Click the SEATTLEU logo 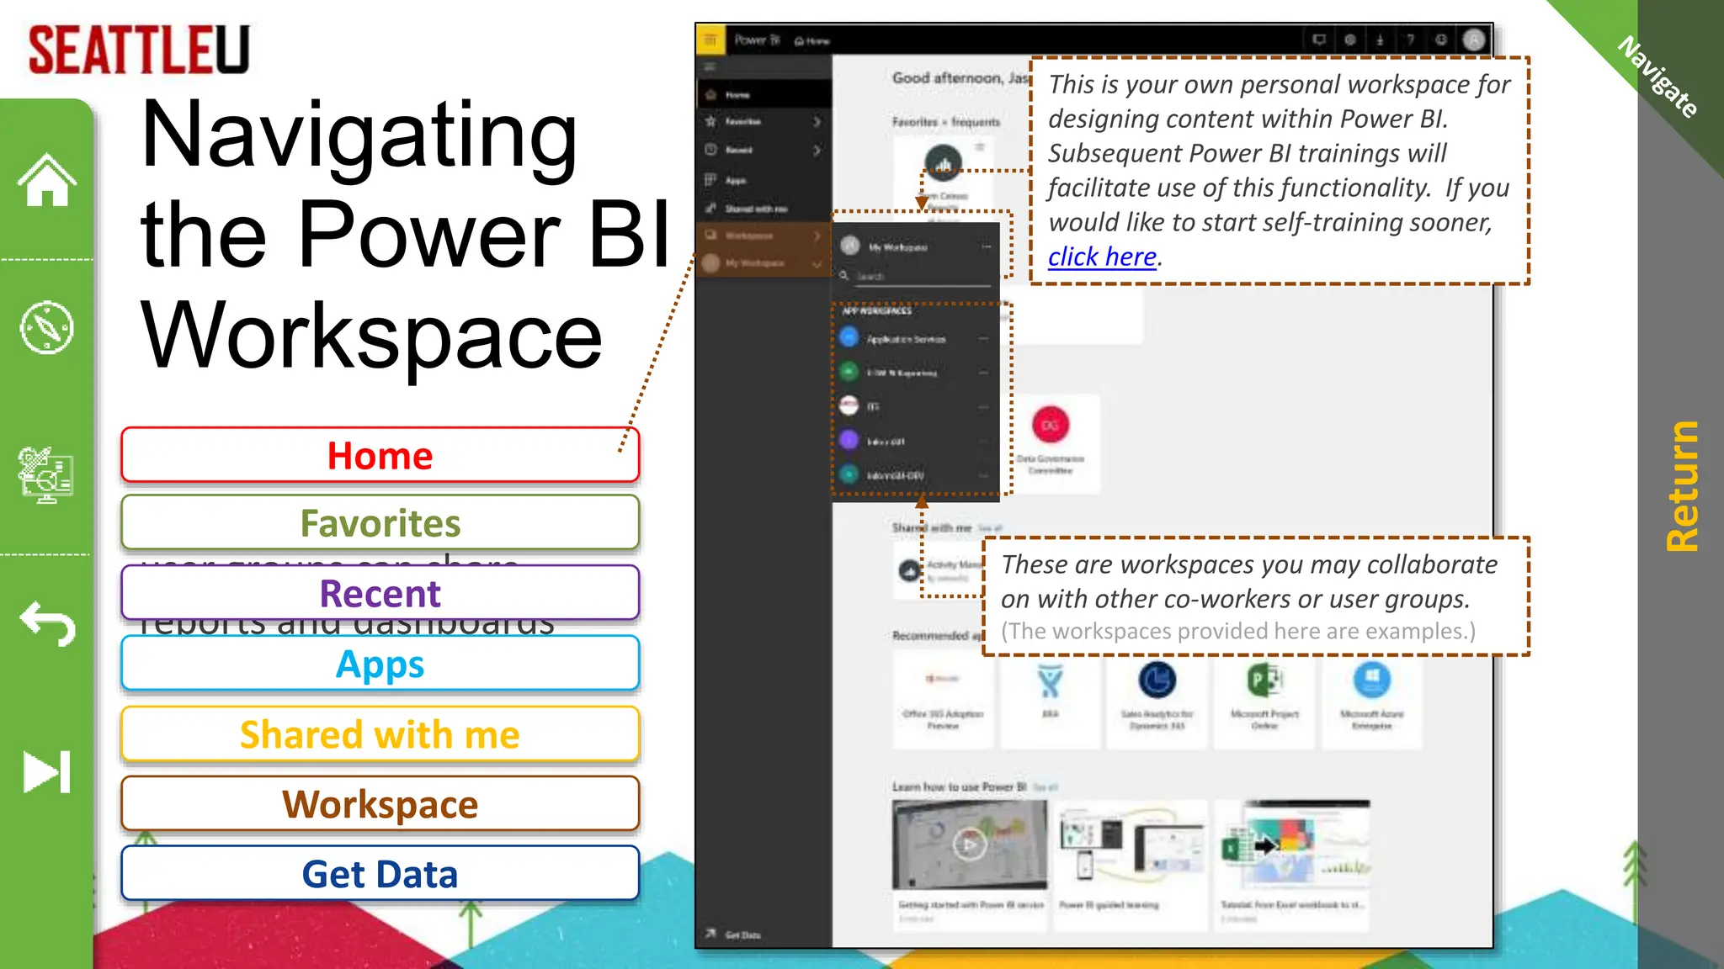pyautogui.click(x=139, y=50)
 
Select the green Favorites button pyautogui.click(x=380, y=523)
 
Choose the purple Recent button pyautogui.click(x=380, y=594)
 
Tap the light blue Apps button pyautogui.click(x=380, y=665)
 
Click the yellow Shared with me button pyautogui.click(x=380, y=734)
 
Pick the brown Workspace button pyautogui.click(x=380, y=804)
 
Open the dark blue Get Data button pyautogui.click(x=380, y=874)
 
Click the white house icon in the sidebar pyautogui.click(x=47, y=180)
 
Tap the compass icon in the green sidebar pyautogui.click(x=47, y=327)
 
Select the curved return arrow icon pyautogui.click(x=47, y=623)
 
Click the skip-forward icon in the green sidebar pyautogui.click(x=47, y=771)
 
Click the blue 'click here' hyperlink pyautogui.click(x=1101, y=257)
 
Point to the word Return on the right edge pyautogui.click(x=1682, y=486)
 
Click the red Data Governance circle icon pyautogui.click(x=1050, y=425)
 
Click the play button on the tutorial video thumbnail pyautogui.click(x=969, y=844)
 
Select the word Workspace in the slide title pyautogui.click(x=371, y=336)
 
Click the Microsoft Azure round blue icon pyautogui.click(x=1371, y=680)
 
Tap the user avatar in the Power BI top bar pyautogui.click(x=1473, y=40)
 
